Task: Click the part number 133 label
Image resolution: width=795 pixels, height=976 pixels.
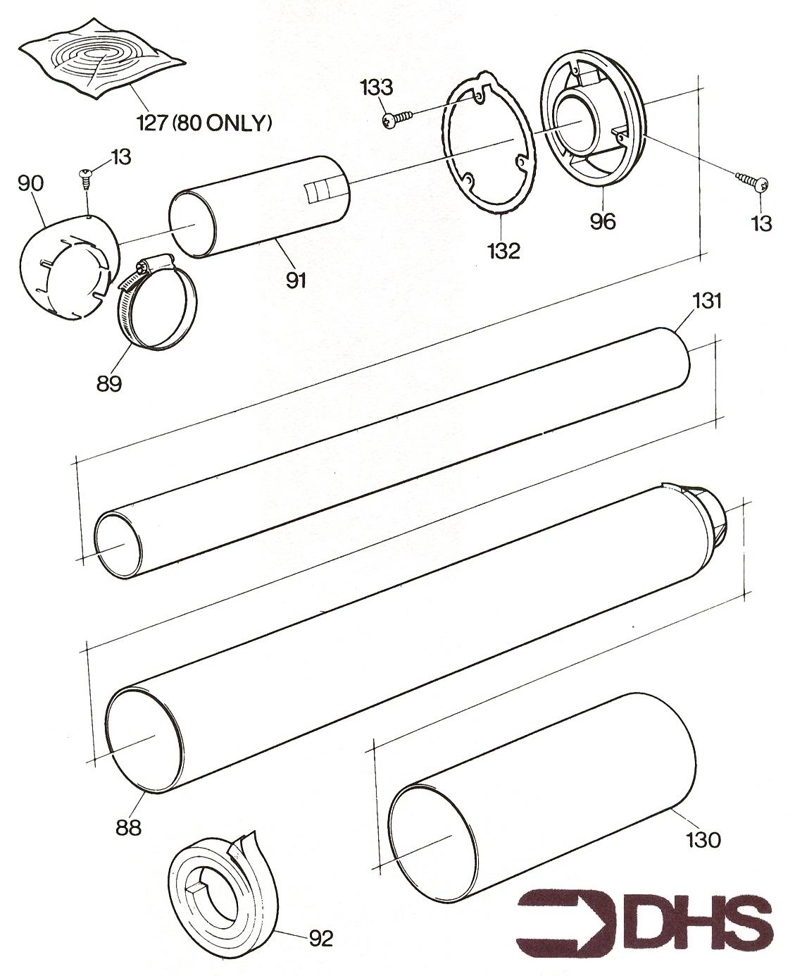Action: pyautogui.click(x=377, y=87)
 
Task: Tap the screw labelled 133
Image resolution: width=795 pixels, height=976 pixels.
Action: pyautogui.click(x=397, y=118)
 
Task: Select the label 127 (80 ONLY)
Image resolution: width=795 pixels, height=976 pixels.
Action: pyautogui.click(x=204, y=123)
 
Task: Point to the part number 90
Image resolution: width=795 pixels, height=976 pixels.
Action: pyautogui.click(x=31, y=183)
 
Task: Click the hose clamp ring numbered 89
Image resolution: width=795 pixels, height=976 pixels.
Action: pyautogui.click(x=158, y=302)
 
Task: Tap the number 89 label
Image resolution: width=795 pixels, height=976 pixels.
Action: pyautogui.click(x=109, y=383)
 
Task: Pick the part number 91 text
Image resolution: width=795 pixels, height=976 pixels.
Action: pyautogui.click(x=295, y=280)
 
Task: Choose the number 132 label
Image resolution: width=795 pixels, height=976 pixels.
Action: pyautogui.click(x=503, y=251)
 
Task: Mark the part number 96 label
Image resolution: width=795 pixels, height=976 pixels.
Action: pyautogui.click(x=603, y=221)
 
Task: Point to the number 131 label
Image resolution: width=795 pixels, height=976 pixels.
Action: pyautogui.click(x=706, y=301)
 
